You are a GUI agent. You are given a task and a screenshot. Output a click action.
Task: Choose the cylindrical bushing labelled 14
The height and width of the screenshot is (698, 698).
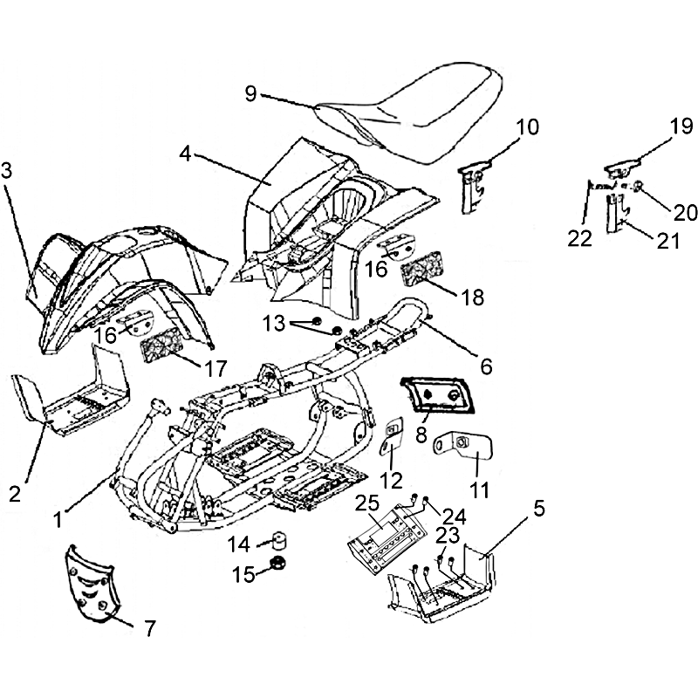(280, 536)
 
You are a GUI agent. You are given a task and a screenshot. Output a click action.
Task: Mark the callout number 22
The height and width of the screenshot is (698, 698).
(581, 236)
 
